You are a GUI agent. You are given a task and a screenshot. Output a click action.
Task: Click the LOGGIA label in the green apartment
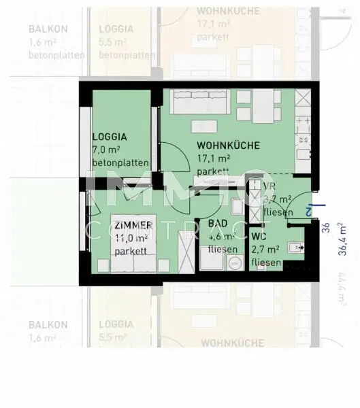coord(110,136)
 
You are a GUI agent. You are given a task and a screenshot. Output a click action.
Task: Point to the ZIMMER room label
coord(133,225)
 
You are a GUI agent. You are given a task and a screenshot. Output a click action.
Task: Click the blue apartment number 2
coord(309,211)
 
